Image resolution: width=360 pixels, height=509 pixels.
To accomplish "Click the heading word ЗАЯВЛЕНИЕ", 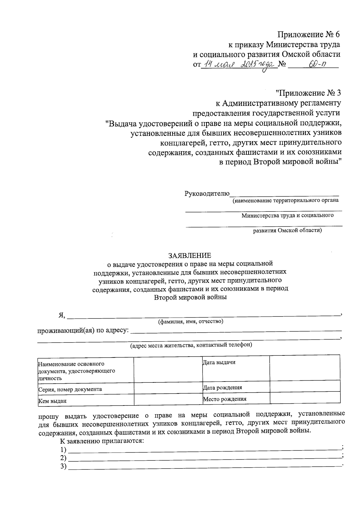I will [190, 255].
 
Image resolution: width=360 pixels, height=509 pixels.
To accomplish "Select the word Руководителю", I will [207, 193].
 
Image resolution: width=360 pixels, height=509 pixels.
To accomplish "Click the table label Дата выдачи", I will [219, 362].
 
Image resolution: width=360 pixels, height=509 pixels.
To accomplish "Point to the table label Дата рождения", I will [222, 387].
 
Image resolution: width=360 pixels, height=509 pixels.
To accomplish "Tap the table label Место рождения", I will [224, 399].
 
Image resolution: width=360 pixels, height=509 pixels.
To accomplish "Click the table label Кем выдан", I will [52, 401].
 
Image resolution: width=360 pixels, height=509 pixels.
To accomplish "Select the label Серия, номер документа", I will [70, 389].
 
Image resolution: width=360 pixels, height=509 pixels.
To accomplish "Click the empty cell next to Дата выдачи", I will [304, 367].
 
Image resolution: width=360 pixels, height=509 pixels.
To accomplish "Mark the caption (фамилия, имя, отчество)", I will [190, 322].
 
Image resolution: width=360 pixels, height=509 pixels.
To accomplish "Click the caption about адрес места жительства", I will [191, 345].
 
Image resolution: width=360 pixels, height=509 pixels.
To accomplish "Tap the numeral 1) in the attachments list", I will [63, 450].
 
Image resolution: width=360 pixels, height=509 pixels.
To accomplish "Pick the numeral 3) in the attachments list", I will [63, 466].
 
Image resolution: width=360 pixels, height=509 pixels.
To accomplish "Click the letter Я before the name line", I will [61, 315].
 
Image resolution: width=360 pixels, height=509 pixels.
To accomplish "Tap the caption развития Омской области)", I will [287, 230].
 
